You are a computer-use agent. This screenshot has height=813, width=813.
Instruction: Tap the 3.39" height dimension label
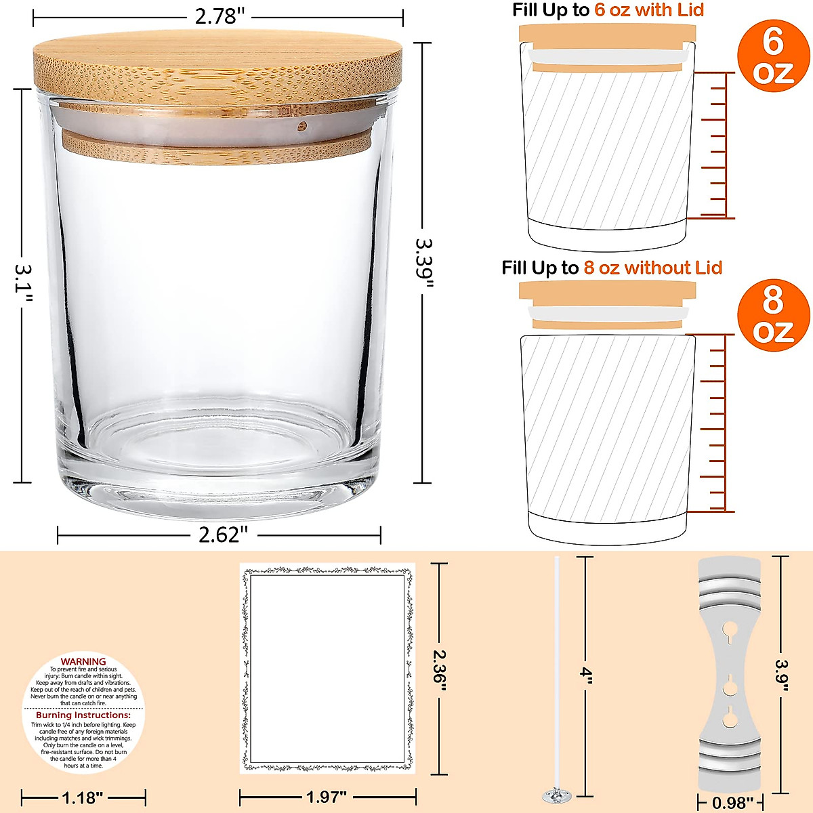coord(424,263)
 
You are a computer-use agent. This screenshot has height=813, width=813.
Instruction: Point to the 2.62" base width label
coord(220,535)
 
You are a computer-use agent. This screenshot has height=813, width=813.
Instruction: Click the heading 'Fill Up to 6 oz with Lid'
coord(608,10)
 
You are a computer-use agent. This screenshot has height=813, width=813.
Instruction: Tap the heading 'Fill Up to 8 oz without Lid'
coord(612,268)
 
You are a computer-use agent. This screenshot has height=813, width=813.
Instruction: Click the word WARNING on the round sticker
coord(83,661)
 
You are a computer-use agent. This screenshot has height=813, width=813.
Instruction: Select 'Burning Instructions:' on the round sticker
coord(83,715)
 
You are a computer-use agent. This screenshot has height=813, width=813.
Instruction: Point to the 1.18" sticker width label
coord(83,797)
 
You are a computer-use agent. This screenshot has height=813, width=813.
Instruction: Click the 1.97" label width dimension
coord(327,797)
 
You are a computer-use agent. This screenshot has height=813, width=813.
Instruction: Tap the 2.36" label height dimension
coord(440,671)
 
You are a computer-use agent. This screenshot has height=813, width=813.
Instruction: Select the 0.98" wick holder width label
coord(733,804)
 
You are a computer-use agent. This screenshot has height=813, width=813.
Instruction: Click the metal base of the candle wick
coord(558,793)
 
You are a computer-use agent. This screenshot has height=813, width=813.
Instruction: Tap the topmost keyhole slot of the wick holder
coord(730,630)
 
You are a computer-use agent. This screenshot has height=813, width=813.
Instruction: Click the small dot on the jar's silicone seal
coord(302,125)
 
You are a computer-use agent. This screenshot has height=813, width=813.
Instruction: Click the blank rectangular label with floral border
coord(327,668)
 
